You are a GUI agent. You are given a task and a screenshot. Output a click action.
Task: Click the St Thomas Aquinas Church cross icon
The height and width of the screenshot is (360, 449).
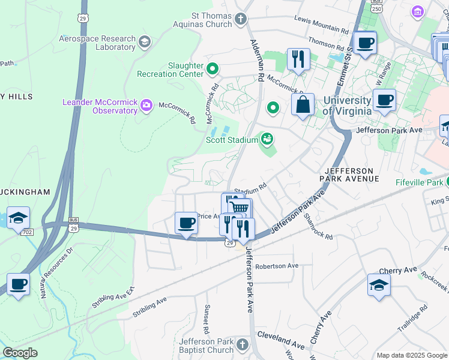click(241, 19)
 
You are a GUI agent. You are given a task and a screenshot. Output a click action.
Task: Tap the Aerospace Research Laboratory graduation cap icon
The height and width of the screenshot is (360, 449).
click(144, 41)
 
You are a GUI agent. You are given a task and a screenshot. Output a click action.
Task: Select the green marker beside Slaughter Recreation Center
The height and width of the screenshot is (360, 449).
click(212, 70)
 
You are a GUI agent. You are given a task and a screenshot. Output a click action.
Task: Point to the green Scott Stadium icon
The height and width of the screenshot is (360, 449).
click(268, 140)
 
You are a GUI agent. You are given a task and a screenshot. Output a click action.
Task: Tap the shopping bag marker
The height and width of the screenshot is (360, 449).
click(303, 104)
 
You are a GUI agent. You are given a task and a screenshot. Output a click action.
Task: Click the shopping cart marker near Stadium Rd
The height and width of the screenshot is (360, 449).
click(239, 208)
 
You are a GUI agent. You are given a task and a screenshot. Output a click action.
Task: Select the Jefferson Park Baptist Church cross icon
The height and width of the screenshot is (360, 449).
click(242, 344)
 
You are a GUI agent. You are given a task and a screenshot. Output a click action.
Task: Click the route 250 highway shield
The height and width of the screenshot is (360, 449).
click(376, 7)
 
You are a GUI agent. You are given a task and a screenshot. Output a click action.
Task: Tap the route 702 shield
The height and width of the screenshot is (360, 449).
click(26, 232)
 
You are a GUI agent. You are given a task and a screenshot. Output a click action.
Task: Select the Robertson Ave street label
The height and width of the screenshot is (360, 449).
click(277, 266)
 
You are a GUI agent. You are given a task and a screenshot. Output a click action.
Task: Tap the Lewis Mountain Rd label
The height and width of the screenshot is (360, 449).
click(322, 25)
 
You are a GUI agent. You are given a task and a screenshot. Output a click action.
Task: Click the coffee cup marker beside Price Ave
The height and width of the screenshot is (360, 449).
click(186, 223)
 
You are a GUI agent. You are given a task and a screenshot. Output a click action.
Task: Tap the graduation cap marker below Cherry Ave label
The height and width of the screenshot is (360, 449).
click(379, 286)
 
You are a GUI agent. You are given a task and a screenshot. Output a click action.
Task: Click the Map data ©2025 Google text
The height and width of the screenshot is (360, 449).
click(411, 355)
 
